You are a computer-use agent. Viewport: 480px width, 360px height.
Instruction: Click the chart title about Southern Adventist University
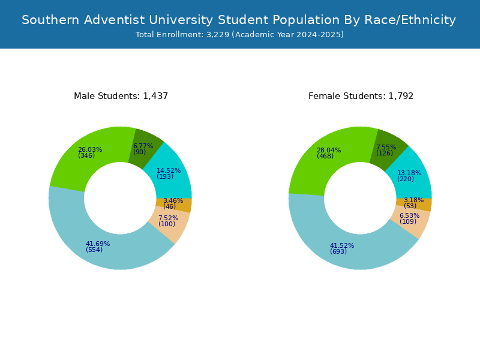[x=239, y=20]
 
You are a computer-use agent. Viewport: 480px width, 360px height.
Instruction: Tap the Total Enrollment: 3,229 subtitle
[x=239, y=35]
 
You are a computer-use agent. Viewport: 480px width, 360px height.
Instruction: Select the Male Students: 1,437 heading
[x=121, y=96]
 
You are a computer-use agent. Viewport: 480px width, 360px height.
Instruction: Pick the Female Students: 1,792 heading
[x=361, y=96]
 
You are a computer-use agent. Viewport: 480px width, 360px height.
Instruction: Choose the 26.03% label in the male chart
[x=90, y=150]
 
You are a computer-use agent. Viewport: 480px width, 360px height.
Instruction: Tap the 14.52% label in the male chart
[x=169, y=171]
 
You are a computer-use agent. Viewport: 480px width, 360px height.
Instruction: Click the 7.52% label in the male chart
[x=168, y=218]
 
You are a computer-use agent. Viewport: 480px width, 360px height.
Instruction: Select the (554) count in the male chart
[x=94, y=250]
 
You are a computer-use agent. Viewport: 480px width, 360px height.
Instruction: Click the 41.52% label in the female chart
[x=342, y=245]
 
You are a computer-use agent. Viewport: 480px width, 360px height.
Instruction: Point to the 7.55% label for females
[x=386, y=147]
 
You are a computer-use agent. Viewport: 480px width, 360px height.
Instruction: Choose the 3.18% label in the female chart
[x=413, y=200]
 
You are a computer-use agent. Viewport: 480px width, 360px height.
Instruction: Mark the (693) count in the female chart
[x=338, y=252]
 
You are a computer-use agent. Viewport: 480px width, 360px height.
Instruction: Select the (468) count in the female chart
[x=325, y=157]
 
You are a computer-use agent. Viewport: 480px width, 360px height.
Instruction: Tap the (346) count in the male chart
[x=86, y=156]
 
